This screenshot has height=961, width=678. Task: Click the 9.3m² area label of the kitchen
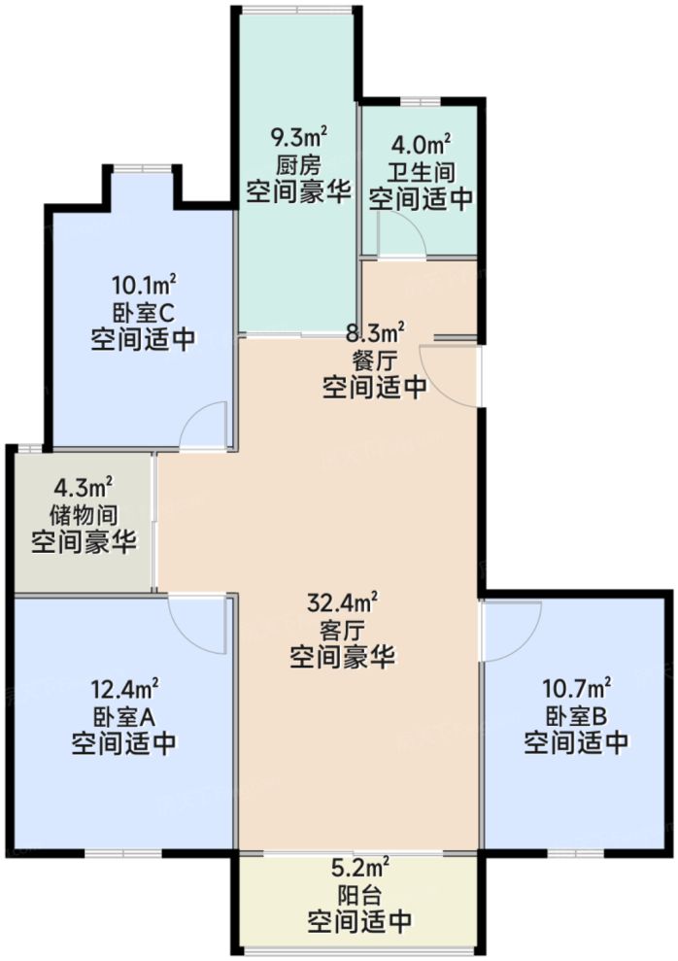[x=296, y=136]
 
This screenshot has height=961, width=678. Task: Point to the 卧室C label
[x=143, y=312]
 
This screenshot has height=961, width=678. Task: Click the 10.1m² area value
[x=143, y=286]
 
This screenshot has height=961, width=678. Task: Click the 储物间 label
[x=85, y=513]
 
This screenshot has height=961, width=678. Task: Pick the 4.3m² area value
[x=85, y=487]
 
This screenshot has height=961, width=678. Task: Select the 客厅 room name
[x=342, y=631]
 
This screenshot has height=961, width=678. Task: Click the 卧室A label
[x=123, y=717]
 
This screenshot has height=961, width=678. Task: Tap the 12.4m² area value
[x=123, y=691]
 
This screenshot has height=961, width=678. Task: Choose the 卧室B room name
[x=576, y=717]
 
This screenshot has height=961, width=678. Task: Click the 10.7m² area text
[x=576, y=691]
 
